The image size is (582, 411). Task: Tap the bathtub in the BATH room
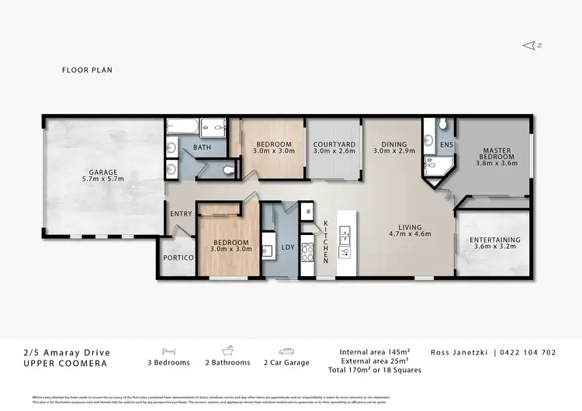coord(182,127)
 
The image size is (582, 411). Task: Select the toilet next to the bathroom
coord(227,169)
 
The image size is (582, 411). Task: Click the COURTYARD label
coord(334,144)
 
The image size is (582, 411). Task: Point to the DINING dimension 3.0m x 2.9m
coord(394,151)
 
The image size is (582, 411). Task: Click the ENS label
coord(445,144)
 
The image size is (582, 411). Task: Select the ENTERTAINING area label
coord(495,240)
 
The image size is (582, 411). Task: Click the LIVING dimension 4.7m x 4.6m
coord(409,233)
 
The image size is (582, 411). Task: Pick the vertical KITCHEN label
coord(326,240)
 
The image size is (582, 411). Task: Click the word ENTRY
coord(181,215)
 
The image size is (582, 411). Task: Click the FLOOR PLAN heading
coord(87,70)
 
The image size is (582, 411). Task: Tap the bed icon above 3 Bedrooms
coord(168,350)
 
